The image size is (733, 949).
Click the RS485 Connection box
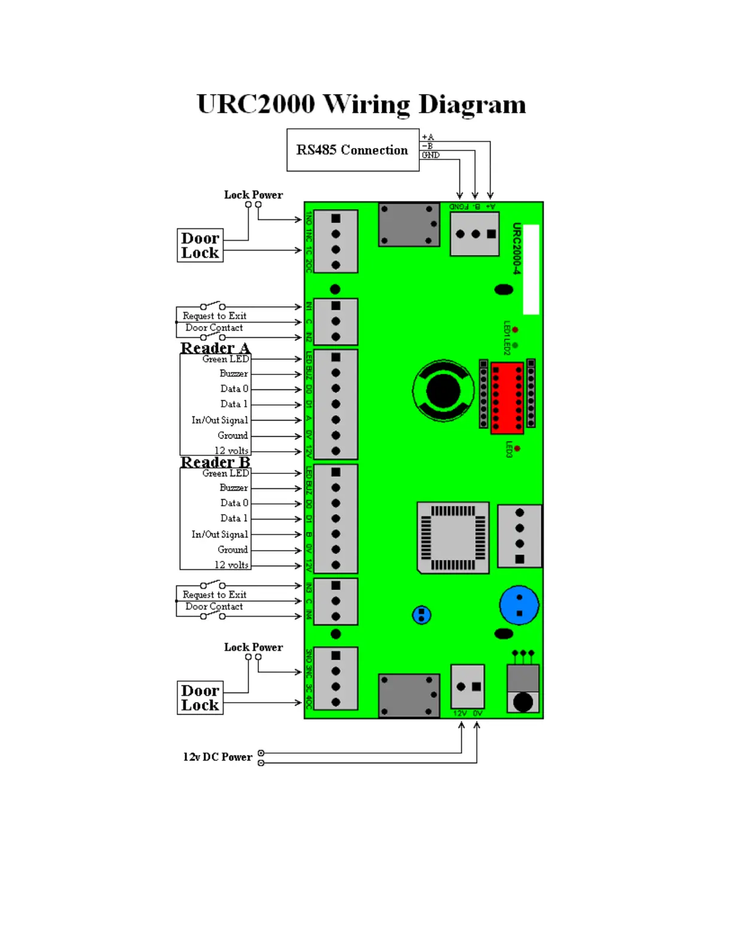pos(352,150)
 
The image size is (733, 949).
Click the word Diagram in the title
pos(472,104)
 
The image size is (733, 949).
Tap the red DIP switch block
pos(507,397)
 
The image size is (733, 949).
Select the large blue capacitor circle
pos(519,605)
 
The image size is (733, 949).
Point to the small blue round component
pos(422,615)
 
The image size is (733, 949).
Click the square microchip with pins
pos(453,537)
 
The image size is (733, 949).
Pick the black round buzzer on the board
pos(443,391)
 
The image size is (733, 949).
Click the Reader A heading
pos(215,348)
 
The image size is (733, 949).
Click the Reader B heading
pos(215,463)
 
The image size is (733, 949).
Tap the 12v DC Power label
pos(217,757)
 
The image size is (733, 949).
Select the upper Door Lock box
pos(200,246)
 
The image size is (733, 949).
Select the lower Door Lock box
pos(200,698)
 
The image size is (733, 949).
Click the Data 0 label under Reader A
pos(234,389)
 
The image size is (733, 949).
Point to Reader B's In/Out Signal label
pos(219,534)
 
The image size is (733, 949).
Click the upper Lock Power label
pos(253,195)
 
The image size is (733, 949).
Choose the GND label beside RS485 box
pos(431,155)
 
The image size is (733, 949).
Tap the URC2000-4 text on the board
pos(517,249)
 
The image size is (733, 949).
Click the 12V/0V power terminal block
pos(468,687)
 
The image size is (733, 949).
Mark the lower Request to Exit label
pos(214,595)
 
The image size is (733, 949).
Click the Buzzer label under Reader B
pos(234,488)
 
